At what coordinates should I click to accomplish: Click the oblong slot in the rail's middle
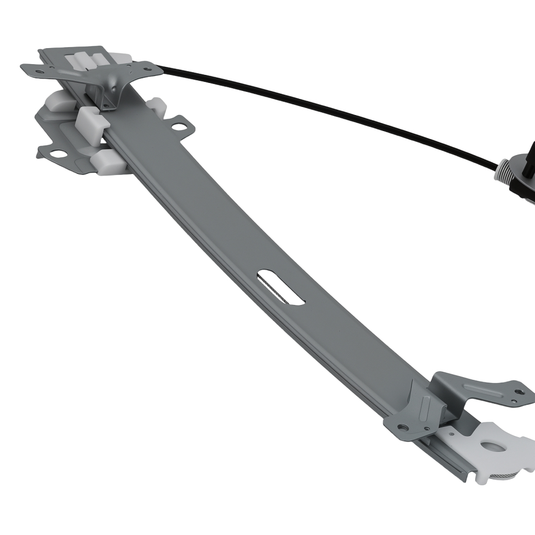[281, 288]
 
